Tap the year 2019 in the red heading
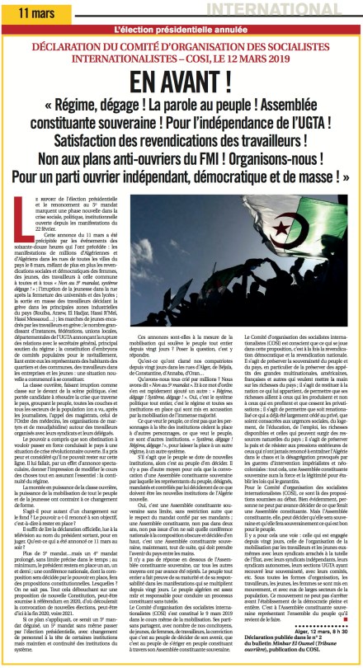pyautogui.click(x=317, y=59)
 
